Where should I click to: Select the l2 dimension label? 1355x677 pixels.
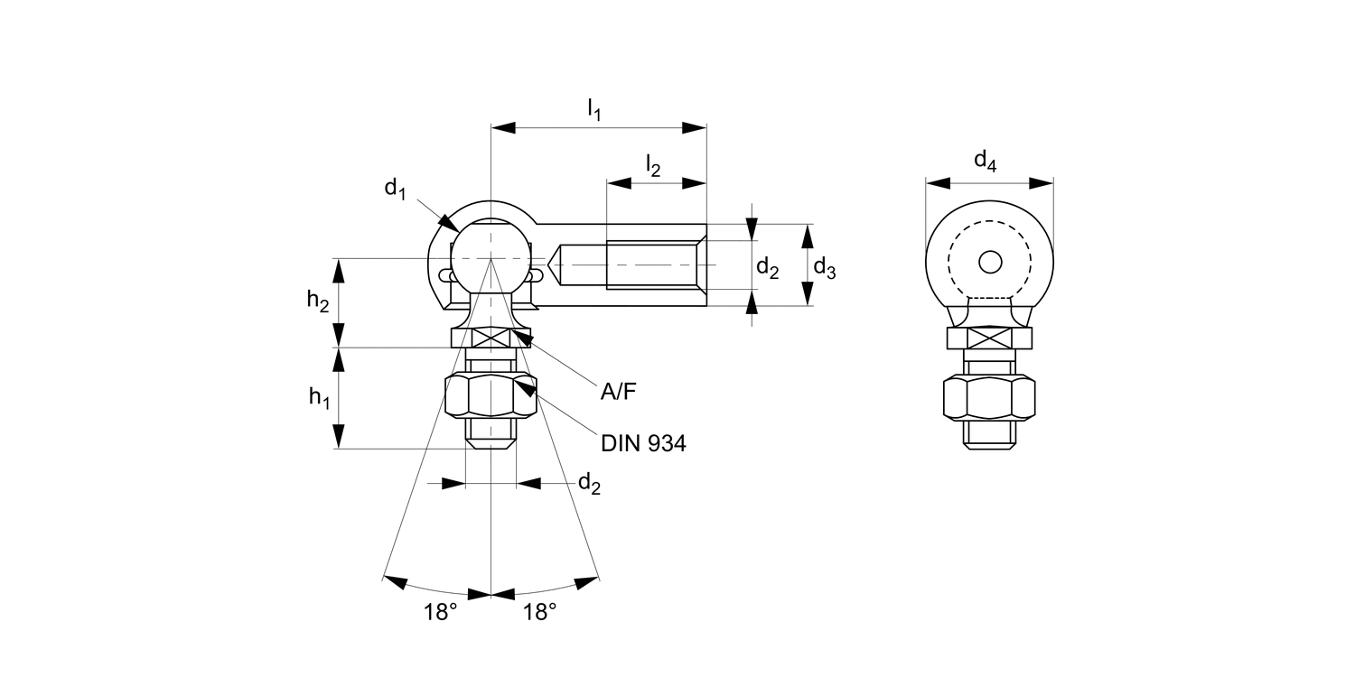pos(652,165)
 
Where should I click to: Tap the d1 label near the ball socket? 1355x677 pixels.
pos(395,189)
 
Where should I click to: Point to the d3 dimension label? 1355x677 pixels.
pos(824,267)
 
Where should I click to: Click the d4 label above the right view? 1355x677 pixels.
pos(985,162)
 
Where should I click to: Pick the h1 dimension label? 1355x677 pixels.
pos(318,396)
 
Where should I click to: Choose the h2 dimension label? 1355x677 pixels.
pos(317,302)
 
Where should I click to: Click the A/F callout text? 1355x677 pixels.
pos(619,392)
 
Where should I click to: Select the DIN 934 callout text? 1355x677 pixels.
pos(643,443)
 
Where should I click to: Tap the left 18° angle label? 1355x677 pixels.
pos(441,613)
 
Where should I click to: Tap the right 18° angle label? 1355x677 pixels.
pos(539,613)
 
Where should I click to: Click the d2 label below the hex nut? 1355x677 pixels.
pos(589,484)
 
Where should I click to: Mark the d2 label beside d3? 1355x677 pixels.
pos(767,267)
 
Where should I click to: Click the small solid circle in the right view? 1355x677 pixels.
pos(990,262)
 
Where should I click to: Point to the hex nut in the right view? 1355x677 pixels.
pos(989,398)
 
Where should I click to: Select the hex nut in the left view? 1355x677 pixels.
pos(491,398)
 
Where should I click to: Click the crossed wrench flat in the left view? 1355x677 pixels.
pos(491,338)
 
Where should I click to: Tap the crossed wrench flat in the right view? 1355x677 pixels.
pos(989,338)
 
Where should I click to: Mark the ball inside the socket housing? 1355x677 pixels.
pos(489,257)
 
